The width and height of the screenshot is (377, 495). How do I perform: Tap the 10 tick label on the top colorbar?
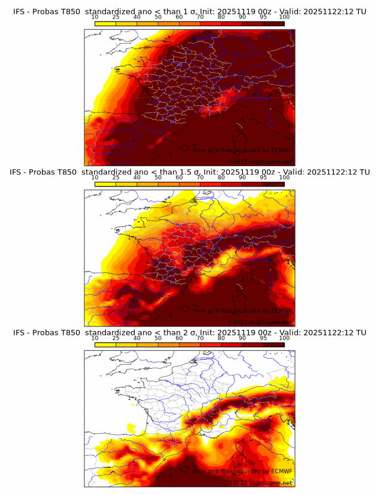(95, 17)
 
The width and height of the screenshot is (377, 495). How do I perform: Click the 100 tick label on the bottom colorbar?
(284, 338)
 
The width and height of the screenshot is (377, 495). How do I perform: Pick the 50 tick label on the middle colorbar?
(158, 177)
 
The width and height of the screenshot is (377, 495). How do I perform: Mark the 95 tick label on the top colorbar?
(263, 17)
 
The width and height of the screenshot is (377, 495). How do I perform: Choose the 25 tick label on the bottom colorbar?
(116, 338)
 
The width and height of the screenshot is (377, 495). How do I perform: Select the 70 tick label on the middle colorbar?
(200, 177)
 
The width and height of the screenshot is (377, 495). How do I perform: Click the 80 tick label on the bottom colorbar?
(221, 338)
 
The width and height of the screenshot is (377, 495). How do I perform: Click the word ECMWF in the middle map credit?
(281, 311)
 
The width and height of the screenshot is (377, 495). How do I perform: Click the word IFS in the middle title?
(17, 172)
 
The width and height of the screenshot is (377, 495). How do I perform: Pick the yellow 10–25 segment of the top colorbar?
(105, 23)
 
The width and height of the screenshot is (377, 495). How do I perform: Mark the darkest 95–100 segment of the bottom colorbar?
(273, 344)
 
